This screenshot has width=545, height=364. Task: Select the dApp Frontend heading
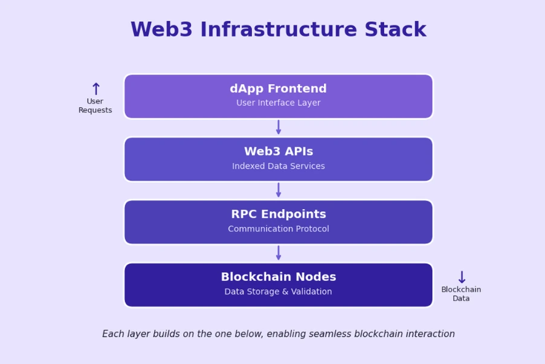pyautogui.click(x=278, y=89)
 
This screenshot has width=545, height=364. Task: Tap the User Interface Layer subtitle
pyautogui.click(x=278, y=103)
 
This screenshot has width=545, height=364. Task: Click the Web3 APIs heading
pyautogui.click(x=278, y=152)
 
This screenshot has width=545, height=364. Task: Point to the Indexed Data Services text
pyautogui.click(x=278, y=166)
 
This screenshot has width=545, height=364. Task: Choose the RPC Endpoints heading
pyautogui.click(x=278, y=215)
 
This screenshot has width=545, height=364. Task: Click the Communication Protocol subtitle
pyautogui.click(x=278, y=229)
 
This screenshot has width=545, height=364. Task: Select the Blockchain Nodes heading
pyautogui.click(x=278, y=278)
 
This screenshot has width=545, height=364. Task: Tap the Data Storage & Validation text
pyautogui.click(x=278, y=292)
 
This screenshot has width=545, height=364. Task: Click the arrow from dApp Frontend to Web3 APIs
pyautogui.click(x=279, y=128)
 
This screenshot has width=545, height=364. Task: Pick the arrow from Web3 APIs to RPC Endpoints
pyautogui.click(x=279, y=190)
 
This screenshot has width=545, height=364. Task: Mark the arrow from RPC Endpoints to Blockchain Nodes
pyautogui.click(x=279, y=253)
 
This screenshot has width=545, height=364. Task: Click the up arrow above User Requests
pyautogui.click(x=95, y=89)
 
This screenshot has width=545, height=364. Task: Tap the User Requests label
pyautogui.click(x=95, y=106)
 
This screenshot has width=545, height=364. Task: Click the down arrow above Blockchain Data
pyautogui.click(x=462, y=278)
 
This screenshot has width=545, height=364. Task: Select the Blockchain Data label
pyautogui.click(x=461, y=294)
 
